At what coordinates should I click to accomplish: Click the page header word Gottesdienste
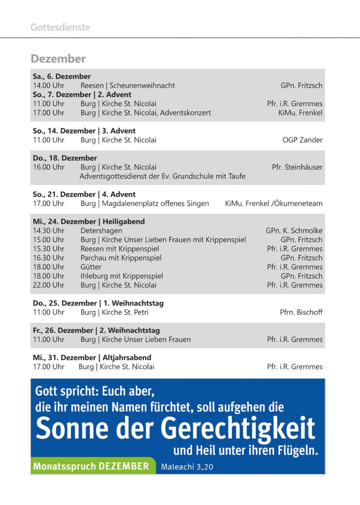(x=60, y=27)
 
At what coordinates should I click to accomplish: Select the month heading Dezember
(x=58, y=59)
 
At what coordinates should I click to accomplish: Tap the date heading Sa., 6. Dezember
(x=62, y=76)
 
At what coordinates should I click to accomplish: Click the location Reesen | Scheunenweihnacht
(x=128, y=86)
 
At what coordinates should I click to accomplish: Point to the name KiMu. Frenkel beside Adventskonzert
(x=300, y=113)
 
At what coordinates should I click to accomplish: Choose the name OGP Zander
(x=302, y=140)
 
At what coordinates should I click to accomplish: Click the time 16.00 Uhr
(x=49, y=167)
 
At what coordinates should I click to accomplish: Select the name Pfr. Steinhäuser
(x=297, y=167)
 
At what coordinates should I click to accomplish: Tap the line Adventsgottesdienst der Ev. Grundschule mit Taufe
(x=163, y=176)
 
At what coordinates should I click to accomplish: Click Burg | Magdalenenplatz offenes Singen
(x=145, y=204)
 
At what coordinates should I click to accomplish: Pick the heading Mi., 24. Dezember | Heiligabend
(x=89, y=221)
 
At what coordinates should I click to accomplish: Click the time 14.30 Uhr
(x=49, y=231)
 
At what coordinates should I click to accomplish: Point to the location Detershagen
(x=101, y=231)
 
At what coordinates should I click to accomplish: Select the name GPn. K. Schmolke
(x=294, y=231)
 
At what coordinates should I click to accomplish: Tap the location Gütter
(x=91, y=267)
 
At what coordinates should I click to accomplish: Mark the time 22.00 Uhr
(x=49, y=285)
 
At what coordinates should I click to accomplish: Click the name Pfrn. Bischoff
(x=301, y=312)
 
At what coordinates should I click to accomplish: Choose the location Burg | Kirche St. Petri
(x=115, y=312)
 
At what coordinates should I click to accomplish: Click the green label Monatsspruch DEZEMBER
(x=91, y=466)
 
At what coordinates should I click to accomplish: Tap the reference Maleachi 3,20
(x=187, y=467)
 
